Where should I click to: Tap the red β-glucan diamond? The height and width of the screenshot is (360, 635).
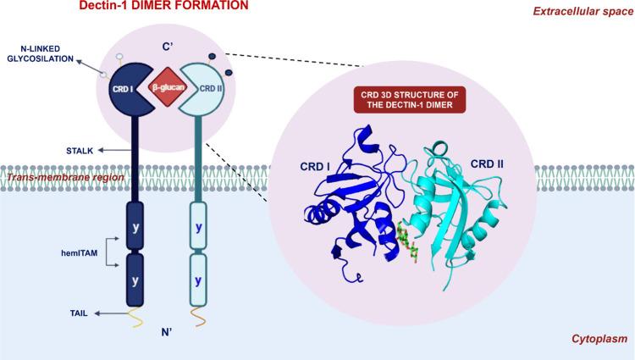[165, 87]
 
